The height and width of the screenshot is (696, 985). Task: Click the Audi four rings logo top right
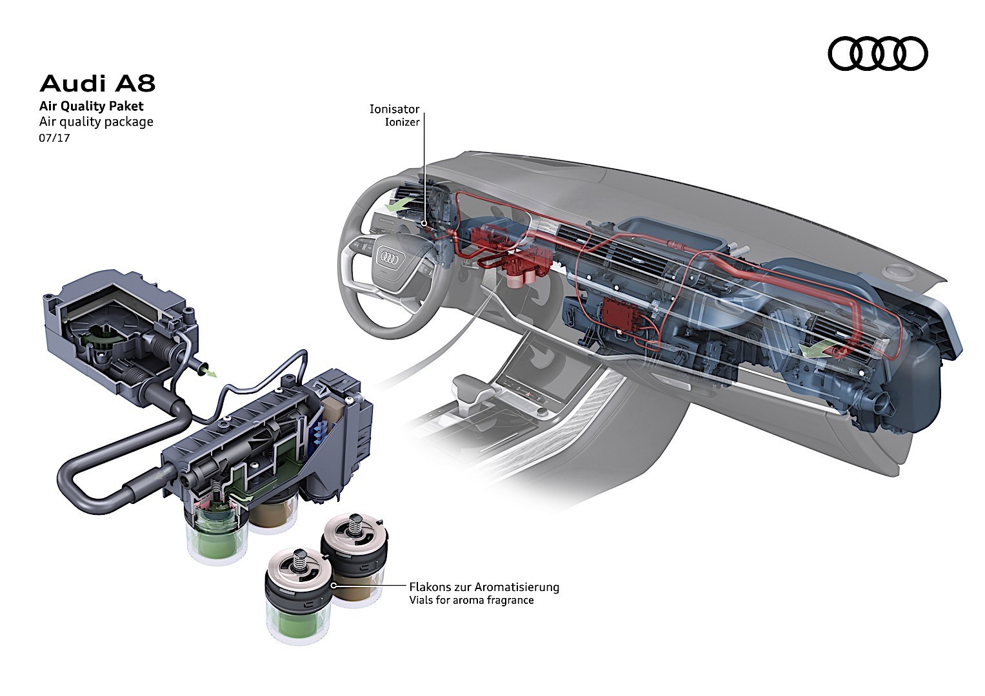click(877, 53)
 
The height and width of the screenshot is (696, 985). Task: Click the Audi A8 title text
click(97, 84)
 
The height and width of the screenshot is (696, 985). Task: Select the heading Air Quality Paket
click(91, 106)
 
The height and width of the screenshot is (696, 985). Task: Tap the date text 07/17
click(54, 137)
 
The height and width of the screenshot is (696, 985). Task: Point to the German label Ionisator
click(394, 109)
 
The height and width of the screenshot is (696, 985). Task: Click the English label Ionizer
click(402, 122)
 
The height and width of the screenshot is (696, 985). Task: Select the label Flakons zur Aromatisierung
click(484, 587)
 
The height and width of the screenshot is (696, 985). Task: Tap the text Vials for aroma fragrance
click(471, 600)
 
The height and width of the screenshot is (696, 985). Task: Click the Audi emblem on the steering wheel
click(388, 257)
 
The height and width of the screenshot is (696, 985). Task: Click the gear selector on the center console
click(468, 390)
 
